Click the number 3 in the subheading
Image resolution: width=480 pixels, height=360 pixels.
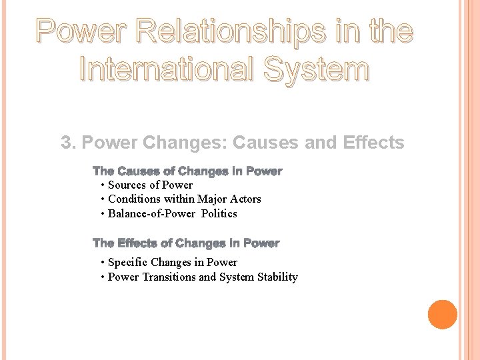(x=66, y=143)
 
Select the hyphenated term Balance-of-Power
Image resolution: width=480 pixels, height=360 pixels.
(x=152, y=213)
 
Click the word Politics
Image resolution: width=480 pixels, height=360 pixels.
(x=219, y=213)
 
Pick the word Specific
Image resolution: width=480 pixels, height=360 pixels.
(x=128, y=262)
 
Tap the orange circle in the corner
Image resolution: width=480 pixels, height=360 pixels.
(x=442, y=315)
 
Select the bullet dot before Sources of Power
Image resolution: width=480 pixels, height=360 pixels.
(x=102, y=185)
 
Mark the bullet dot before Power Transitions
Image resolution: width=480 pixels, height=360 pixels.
(x=102, y=277)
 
